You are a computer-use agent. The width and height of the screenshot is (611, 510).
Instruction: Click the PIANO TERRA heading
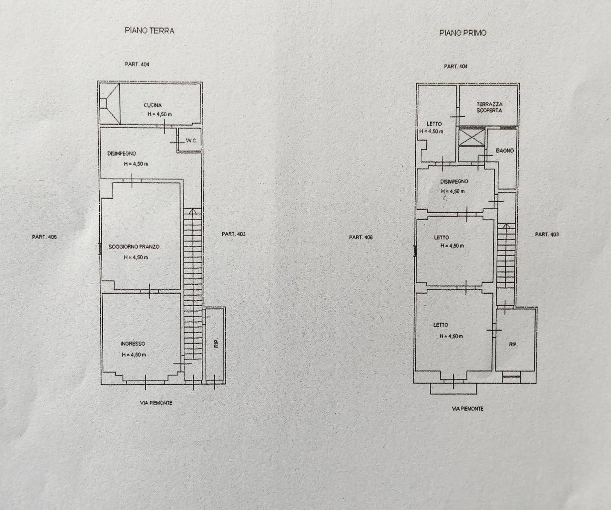click(150, 31)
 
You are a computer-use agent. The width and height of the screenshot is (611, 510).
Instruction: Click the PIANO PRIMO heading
click(463, 33)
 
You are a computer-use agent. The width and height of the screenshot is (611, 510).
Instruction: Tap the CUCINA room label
click(153, 105)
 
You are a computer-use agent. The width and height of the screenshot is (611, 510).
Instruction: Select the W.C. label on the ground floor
click(191, 141)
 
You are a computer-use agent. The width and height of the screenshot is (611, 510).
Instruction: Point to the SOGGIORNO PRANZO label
click(134, 247)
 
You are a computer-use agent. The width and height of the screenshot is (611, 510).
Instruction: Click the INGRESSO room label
click(133, 344)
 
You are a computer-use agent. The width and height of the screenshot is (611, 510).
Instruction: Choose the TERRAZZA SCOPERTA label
click(489, 107)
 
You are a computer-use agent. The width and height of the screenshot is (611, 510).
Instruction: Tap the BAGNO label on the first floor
click(505, 151)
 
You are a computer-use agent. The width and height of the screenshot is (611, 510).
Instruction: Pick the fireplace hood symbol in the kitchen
click(109, 104)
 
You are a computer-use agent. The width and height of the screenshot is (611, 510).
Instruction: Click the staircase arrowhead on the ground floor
click(192, 211)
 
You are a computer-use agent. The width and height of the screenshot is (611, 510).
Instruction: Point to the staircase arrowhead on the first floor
click(505, 226)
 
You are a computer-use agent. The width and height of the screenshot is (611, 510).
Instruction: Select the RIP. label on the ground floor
click(217, 343)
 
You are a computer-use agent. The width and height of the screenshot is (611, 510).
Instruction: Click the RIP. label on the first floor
click(513, 345)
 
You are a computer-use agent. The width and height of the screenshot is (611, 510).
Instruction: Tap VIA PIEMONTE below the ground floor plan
click(156, 403)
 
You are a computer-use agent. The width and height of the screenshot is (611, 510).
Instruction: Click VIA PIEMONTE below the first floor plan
click(467, 409)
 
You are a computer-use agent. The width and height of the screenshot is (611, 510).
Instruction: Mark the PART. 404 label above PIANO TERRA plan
click(137, 64)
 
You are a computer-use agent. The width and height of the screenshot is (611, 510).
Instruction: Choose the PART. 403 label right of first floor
click(547, 234)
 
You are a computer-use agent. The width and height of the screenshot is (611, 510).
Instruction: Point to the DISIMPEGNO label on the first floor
click(454, 182)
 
